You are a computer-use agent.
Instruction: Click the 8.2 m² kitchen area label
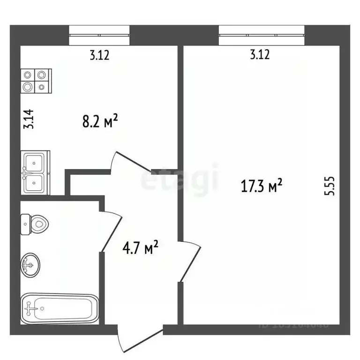click(x=98, y=123)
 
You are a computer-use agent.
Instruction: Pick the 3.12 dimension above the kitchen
click(x=99, y=55)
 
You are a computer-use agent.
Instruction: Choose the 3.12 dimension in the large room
click(x=260, y=55)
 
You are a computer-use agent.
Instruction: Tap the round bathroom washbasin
click(x=31, y=265)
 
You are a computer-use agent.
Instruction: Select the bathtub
click(x=60, y=307)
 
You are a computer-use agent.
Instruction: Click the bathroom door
click(x=113, y=232)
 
